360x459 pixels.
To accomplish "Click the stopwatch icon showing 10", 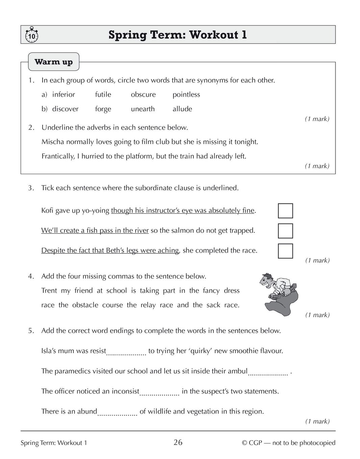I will tap(31, 35).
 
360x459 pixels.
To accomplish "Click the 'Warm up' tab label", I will tap(54, 62).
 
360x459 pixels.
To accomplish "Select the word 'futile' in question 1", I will tap(103, 94).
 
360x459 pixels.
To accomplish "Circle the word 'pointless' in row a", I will tap(186, 94).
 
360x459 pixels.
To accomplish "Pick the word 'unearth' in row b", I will tap(143, 109).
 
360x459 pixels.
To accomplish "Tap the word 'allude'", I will tap(182, 109).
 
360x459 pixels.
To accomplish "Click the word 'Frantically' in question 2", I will tap(55, 156).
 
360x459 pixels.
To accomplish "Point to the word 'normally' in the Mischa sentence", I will tap(80, 142).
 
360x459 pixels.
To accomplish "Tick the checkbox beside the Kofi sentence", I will tap(285, 211).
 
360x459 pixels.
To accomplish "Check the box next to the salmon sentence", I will tap(285, 231).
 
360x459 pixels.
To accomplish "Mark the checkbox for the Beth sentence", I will tap(285, 251).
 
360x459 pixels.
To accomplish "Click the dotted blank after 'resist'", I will tap(126, 353).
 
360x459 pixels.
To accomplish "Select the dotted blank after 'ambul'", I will tap(268, 373).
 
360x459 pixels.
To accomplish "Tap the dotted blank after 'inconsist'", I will tap(159, 394).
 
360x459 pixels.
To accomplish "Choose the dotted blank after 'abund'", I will tap(117, 413).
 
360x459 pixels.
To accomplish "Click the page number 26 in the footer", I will tap(178, 442).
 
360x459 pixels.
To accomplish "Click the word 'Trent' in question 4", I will tap(49, 291).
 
